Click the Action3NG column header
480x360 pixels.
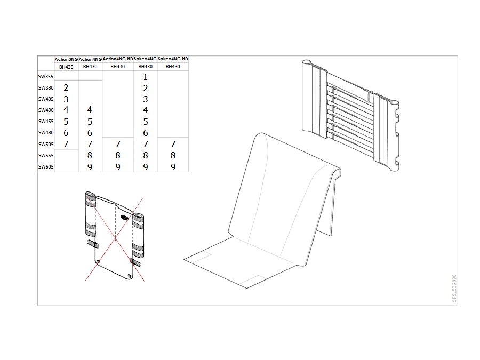pyautogui.click(x=66, y=59)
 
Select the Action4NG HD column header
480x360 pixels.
pyautogui.click(x=118, y=59)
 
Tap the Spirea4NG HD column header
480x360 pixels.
pyautogui.click(x=173, y=59)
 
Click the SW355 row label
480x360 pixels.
pyautogui.click(x=46, y=77)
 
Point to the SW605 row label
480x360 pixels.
pyautogui.click(x=46, y=167)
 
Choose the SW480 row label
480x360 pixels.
pyautogui.click(x=46, y=133)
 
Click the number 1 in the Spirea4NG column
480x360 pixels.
pyautogui.click(x=146, y=77)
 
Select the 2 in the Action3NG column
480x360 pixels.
pyautogui.click(x=66, y=88)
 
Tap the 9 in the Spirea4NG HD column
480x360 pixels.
pyautogui.click(x=173, y=167)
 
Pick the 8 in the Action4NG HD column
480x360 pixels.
pyautogui.click(x=118, y=156)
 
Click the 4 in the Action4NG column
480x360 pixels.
pyautogui.click(x=90, y=109)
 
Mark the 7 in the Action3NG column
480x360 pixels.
pyautogui.click(x=66, y=144)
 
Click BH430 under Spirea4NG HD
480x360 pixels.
pyautogui.click(x=173, y=67)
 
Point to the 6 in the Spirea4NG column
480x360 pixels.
pyautogui.click(x=146, y=133)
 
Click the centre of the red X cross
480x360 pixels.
pyautogui.click(x=115, y=238)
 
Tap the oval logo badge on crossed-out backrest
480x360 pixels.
pyautogui.click(x=125, y=218)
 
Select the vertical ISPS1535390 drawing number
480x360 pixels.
pyautogui.click(x=454, y=289)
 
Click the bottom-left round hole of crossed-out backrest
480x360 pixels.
pyautogui.click(x=98, y=261)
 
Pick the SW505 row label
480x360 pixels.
pyautogui.click(x=46, y=144)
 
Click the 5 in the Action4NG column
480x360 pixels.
pyautogui.click(x=90, y=122)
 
